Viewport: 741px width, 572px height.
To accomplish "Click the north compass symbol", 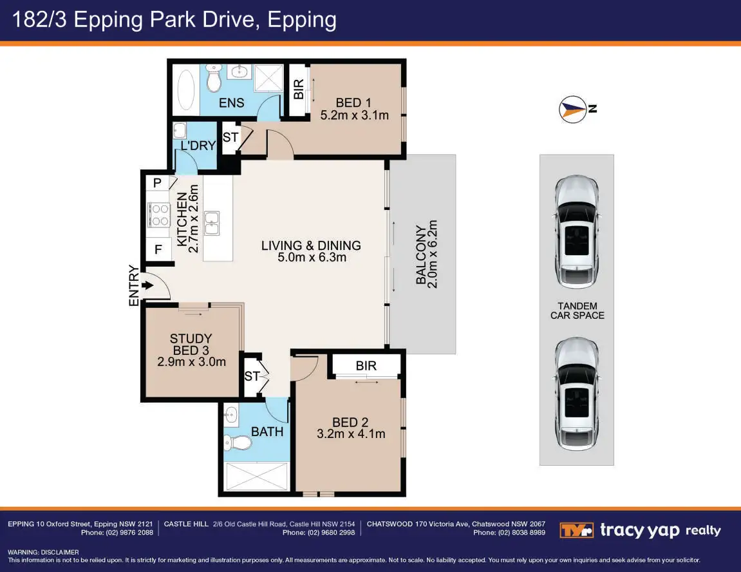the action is tap(573, 110).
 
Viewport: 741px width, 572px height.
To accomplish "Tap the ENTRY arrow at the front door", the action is tap(147, 285).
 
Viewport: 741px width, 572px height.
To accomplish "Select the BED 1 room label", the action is tap(353, 102).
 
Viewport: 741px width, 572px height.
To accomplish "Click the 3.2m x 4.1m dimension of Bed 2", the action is tap(351, 434).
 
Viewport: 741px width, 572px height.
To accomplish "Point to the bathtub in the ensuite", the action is tap(185, 90).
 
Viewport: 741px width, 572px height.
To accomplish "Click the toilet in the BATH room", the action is tap(239, 443).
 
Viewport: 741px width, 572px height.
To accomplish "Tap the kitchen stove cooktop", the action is tap(159, 214).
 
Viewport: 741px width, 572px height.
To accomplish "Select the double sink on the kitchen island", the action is tap(212, 223).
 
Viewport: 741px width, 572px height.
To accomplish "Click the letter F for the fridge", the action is tap(158, 249).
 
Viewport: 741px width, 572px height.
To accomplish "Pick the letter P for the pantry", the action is tap(157, 182).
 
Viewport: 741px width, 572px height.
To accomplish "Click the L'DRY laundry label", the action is tap(198, 146).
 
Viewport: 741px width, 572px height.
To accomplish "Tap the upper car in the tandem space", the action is tap(577, 232).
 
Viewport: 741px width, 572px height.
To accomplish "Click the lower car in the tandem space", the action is tap(577, 394).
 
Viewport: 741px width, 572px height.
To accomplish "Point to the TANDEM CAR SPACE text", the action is tap(577, 310).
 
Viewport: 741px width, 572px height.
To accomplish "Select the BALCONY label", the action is tap(420, 254).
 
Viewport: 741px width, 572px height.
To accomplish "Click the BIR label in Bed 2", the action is tap(366, 365).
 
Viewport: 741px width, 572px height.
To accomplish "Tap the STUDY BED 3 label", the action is tap(191, 344).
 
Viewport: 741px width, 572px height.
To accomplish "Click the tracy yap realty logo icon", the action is tap(576, 530).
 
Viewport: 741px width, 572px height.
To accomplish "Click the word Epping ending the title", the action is tap(302, 21).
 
